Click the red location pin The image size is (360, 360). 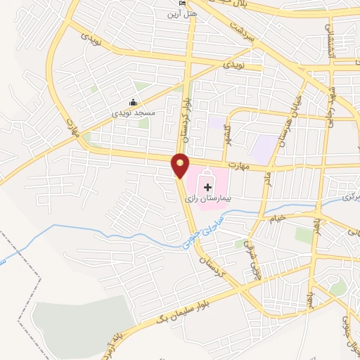coord(181,165)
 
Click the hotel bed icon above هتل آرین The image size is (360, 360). coord(183,4)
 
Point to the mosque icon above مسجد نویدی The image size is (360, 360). coord(134,102)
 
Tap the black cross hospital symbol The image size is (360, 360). coord(208,186)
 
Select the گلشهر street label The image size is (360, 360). coord(226,132)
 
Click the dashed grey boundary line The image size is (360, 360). coord(21,281)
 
